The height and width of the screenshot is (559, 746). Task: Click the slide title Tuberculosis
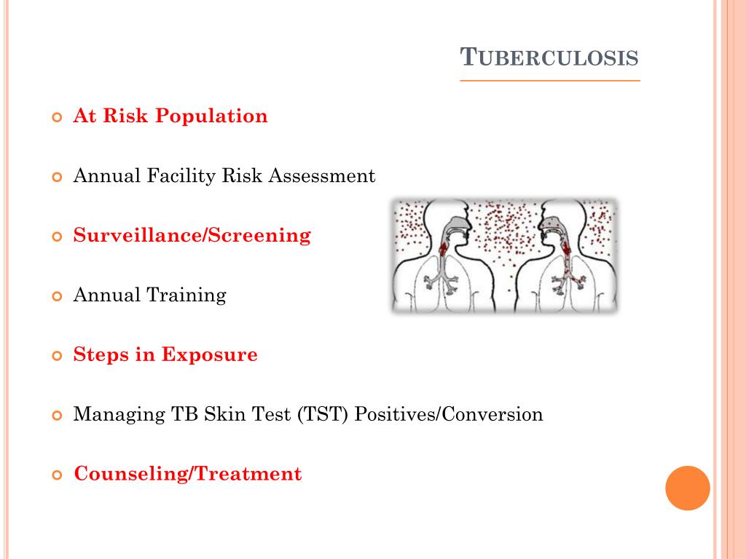click(x=551, y=57)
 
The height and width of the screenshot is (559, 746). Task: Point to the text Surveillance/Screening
click(x=192, y=236)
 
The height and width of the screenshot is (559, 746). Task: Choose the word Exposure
click(x=209, y=355)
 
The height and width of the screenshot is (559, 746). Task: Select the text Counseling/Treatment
click(x=187, y=475)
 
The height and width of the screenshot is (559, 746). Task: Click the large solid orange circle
click(x=687, y=488)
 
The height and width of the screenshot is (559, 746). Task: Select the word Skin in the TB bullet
click(x=224, y=415)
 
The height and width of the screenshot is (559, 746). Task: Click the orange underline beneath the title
click(x=550, y=80)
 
